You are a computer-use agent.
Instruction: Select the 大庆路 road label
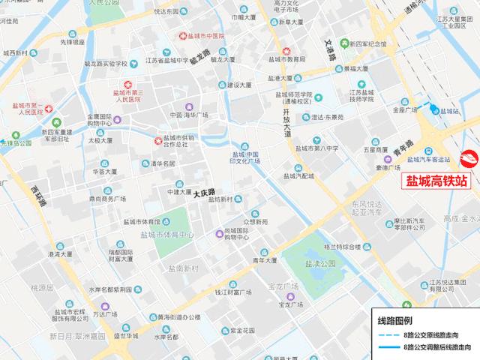point(204,193)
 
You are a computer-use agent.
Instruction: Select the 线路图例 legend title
point(391,320)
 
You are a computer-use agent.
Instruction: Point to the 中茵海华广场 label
point(188,115)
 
